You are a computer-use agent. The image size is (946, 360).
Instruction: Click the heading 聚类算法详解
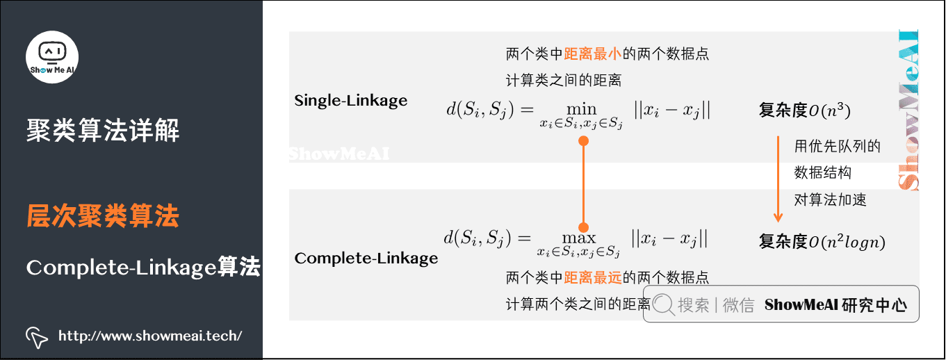[x=103, y=130]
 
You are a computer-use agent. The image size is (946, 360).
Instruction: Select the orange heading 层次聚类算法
[x=103, y=217]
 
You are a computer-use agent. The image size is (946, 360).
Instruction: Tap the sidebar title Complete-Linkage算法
[x=143, y=267]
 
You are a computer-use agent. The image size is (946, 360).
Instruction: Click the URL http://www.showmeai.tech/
[x=150, y=336]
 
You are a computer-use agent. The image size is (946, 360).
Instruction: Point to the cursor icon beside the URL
[x=37, y=336]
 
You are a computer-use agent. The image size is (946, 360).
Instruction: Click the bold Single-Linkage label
[x=351, y=101]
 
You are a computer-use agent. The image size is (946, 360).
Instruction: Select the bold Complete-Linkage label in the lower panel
[x=366, y=259]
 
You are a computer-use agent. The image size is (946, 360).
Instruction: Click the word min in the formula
[x=581, y=109]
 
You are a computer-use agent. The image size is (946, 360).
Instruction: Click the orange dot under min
[x=584, y=141]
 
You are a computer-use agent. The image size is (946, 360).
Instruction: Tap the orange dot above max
[x=584, y=227]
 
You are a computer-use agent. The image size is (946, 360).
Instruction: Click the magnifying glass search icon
[x=664, y=304]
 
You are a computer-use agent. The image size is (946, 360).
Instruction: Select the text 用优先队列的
[x=838, y=147]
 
